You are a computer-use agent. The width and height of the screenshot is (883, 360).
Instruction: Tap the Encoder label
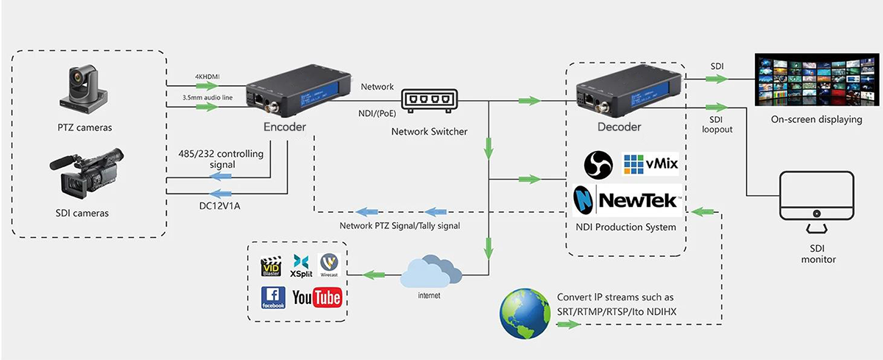[284, 127]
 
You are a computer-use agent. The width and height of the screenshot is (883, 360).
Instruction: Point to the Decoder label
[619, 127]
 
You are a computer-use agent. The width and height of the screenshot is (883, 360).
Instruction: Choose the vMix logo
[650, 165]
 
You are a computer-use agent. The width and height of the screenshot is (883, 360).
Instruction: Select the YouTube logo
[316, 297]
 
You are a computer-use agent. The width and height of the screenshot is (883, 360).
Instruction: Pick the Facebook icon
[273, 297]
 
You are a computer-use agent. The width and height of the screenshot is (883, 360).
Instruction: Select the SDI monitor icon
[818, 203]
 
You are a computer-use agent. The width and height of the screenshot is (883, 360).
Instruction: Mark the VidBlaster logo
[272, 265]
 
